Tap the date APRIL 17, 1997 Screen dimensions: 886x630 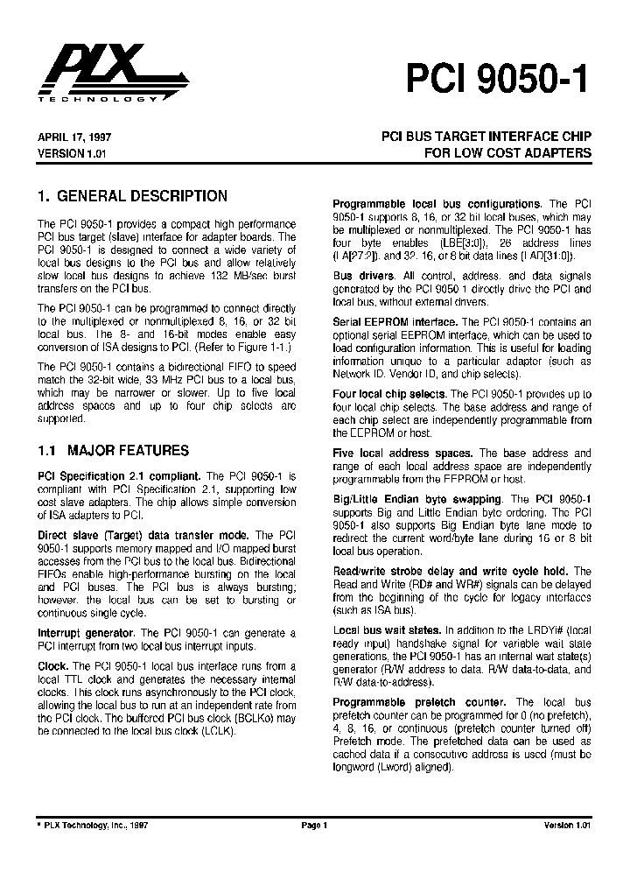pos(73,137)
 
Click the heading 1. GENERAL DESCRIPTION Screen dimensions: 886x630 pos(133,196)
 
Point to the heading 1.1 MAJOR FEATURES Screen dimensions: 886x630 pos(114,451)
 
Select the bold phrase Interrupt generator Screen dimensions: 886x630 pos(87,632)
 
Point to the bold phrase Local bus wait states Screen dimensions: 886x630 pos(387,630)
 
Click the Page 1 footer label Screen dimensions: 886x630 pos(314,825)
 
